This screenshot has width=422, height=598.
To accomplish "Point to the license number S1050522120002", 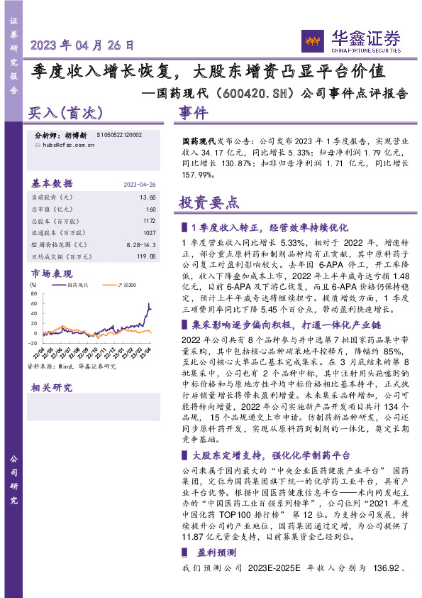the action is coord(116,134).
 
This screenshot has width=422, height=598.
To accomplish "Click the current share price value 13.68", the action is coord(148,196).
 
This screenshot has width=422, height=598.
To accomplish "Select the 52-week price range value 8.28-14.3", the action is coord(141,244).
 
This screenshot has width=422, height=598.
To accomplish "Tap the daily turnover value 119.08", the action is coord(144,256).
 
